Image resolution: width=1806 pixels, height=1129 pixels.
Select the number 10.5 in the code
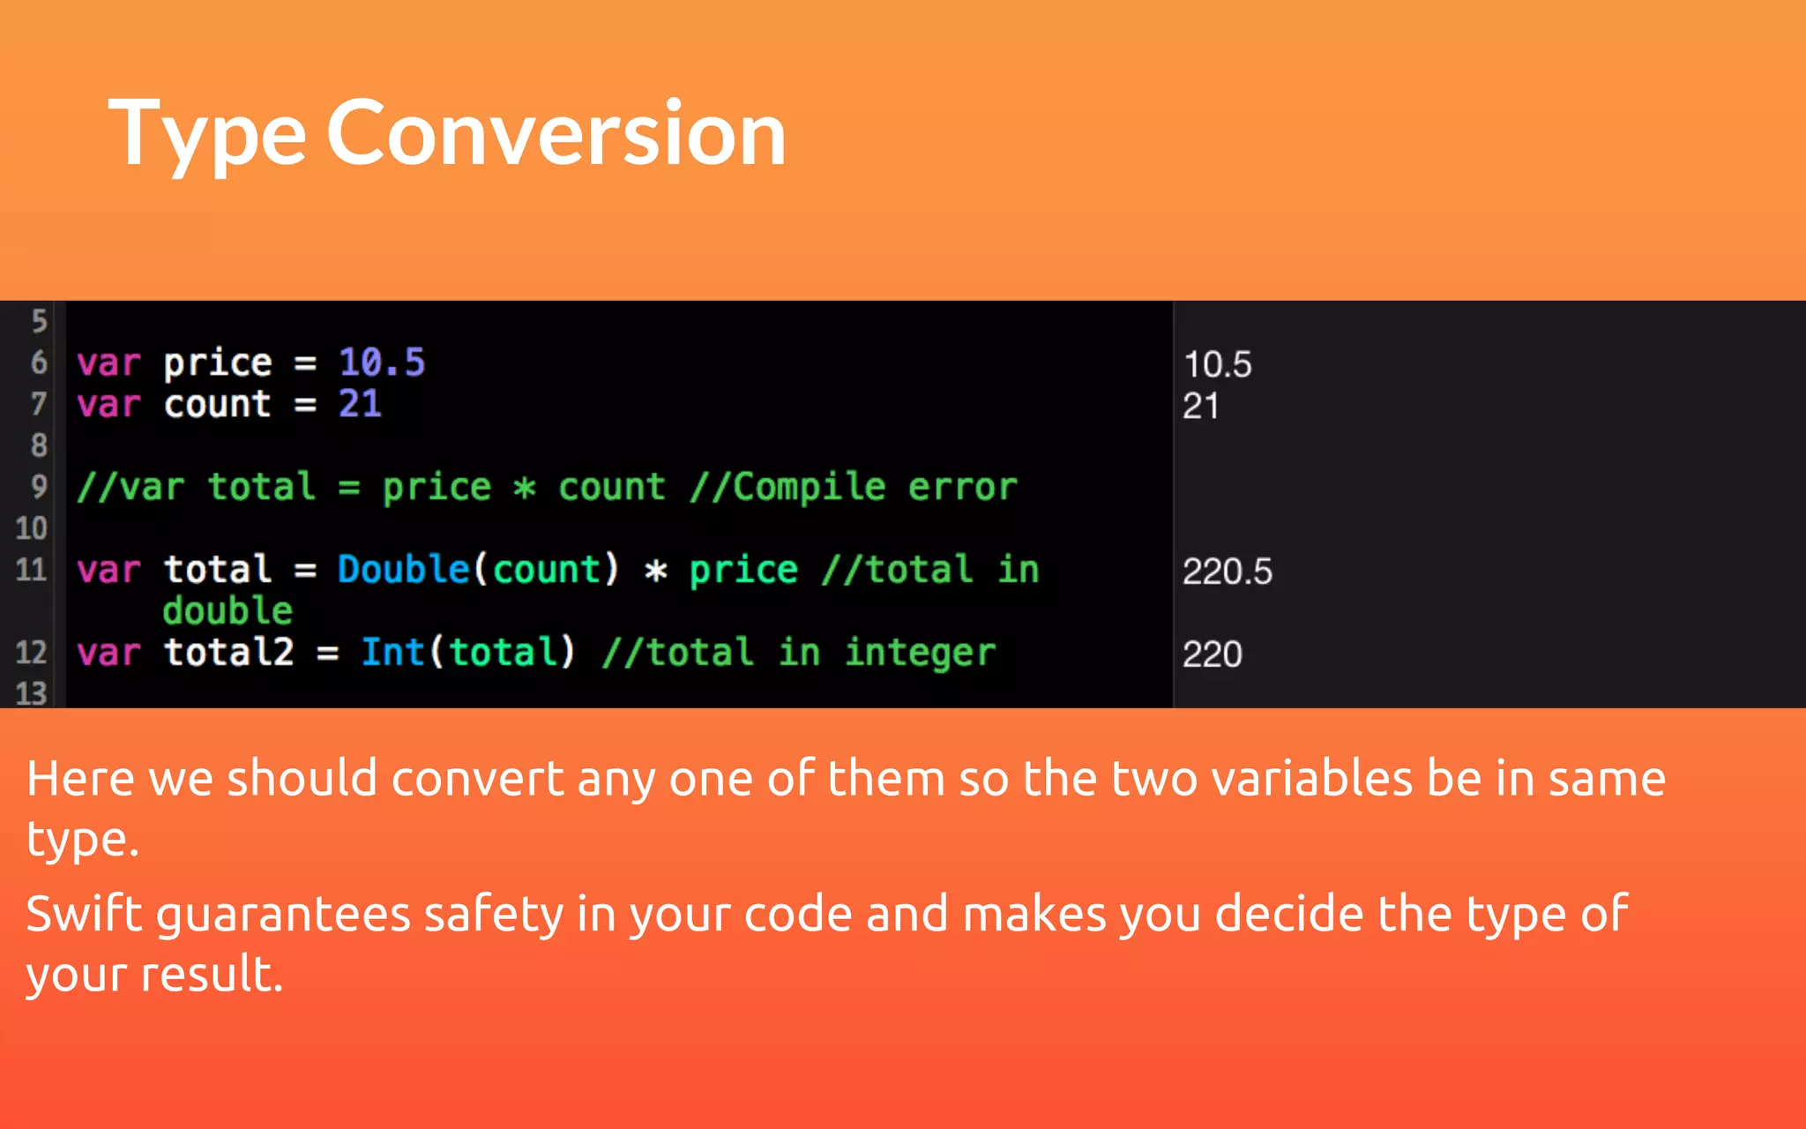(x=382, y=363)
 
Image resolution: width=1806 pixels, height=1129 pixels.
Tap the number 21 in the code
(x=360, y=404)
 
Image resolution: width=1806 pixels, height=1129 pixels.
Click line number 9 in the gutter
(x=39, y=486)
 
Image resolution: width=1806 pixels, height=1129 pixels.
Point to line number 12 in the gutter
(x=31, y=653)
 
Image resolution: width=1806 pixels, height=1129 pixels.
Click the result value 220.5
(x=1227, y=572)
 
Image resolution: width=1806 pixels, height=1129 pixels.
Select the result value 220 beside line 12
(x=1212, y=654)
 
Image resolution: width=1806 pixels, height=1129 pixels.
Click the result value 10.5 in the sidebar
(x=1217, y=364)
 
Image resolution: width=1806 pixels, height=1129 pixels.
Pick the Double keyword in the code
(x=403, y=570)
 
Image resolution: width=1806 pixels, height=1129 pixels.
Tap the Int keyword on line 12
(x=393, y=653)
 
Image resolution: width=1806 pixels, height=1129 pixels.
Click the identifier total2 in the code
(x=228, y=653)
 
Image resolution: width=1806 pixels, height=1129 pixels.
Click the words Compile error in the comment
(x=875, y=487)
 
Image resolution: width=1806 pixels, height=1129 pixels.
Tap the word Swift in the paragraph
(x=84, y=914)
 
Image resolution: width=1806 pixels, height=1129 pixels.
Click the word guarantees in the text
(x=282, y=916)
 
